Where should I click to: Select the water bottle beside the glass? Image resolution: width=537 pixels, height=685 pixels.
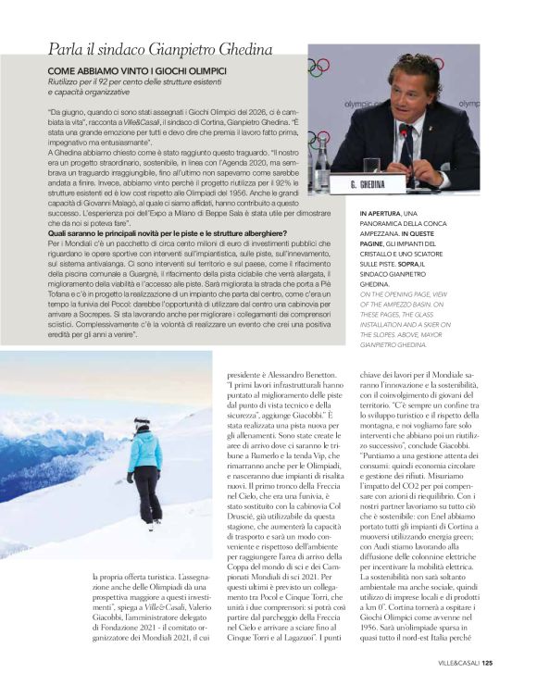[x=319, y=153]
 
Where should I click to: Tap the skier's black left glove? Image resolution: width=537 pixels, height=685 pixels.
[x=131, y=478]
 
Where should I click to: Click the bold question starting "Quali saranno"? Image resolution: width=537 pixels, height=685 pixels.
[x=138, y=232]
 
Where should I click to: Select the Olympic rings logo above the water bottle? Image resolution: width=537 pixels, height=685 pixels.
[x=318, y=67]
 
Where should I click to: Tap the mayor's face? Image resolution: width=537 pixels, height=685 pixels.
[x=417, y=88]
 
